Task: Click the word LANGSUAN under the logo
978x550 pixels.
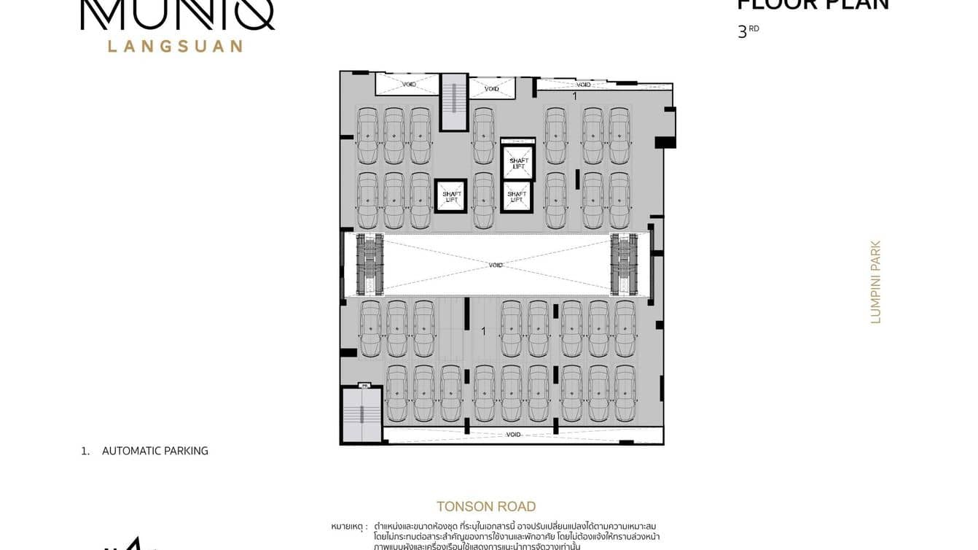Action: coord(175,46)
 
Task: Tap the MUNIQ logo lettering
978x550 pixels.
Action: coord(177,15)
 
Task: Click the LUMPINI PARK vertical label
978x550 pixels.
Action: coord(876,282)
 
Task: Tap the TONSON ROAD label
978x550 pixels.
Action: coord(486,506)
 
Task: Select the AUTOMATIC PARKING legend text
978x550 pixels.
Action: coord(154,451)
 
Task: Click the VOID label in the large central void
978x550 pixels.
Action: coord(496,265)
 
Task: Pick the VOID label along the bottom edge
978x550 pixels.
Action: coord(513,435)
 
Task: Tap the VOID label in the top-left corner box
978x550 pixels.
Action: coord(410,85)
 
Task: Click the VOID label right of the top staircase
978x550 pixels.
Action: coord(492,89)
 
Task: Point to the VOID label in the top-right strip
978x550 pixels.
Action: coord(583,85)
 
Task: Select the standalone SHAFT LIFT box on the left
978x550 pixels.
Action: coord(451,196)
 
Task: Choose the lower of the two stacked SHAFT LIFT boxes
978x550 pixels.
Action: coord(517,196)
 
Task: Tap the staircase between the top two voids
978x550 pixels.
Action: coord(453,102)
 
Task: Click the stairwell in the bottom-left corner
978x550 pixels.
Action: coord(361,415)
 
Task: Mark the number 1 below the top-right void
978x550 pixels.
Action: coord(574,96)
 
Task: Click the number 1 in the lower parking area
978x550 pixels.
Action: coord(483,331)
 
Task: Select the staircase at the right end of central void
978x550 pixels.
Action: coord(624,264)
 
